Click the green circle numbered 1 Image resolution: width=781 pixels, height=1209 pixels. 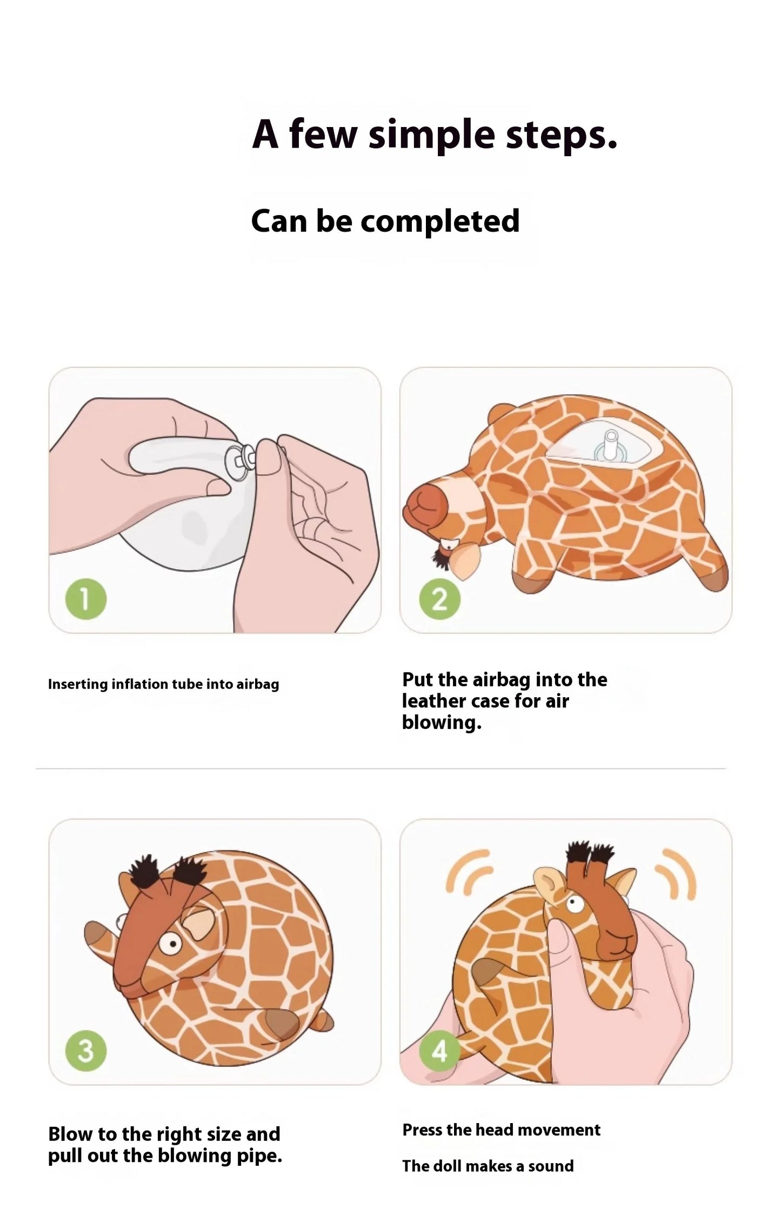point(85,599)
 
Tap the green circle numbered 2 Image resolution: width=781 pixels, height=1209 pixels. point(440,599)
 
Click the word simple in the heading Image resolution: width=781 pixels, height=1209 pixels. point(431,135)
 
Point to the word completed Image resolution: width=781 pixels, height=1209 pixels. point(439,222)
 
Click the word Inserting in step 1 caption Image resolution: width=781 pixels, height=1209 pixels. point(78,684)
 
